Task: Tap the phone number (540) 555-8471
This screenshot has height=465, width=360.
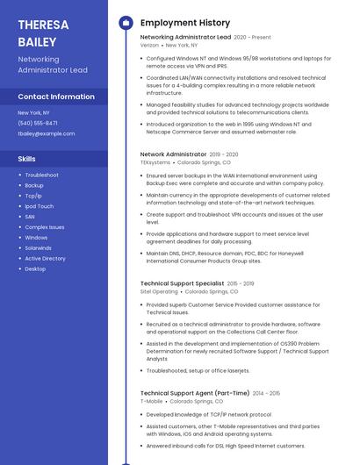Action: [38, 123]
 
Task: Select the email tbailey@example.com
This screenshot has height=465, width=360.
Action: [47, 133]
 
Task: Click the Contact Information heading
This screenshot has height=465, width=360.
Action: [56, 97]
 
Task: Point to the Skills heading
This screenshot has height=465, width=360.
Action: [27, 159]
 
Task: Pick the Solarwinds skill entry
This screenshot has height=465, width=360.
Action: [39, 247]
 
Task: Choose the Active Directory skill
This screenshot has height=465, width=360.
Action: [45, 258]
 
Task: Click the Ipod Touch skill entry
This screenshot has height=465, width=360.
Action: [39, 206]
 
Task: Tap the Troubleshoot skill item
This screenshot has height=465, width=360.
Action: [41, 175]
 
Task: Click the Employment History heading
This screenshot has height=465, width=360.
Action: [185, 23]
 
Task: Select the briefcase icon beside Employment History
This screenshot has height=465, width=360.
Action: [126, 23]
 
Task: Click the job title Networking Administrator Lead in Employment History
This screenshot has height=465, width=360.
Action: [185, 37]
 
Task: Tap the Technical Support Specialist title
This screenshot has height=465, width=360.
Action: [182, 283]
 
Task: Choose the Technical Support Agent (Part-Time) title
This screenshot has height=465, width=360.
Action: [194, 393]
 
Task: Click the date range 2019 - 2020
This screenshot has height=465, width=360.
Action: [225, 154]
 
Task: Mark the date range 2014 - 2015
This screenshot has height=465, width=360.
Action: [265, 393]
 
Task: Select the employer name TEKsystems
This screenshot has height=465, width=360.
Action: [155, 161]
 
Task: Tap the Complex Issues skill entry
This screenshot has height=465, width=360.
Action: [44, 227]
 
